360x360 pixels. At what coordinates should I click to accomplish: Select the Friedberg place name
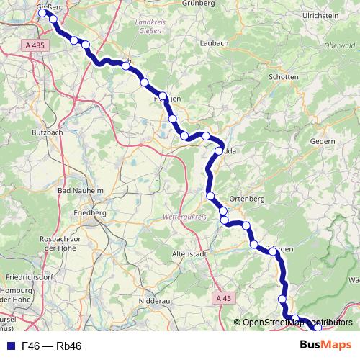coord(91,213)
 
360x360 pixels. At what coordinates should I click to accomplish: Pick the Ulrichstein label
coord(320,14)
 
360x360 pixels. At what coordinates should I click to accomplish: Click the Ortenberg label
coord(246,198)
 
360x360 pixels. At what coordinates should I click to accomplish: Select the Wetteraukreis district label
coord(186,216)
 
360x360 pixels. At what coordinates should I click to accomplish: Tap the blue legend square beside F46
coord(10,346)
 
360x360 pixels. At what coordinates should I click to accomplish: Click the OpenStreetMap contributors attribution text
coord(296,323)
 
